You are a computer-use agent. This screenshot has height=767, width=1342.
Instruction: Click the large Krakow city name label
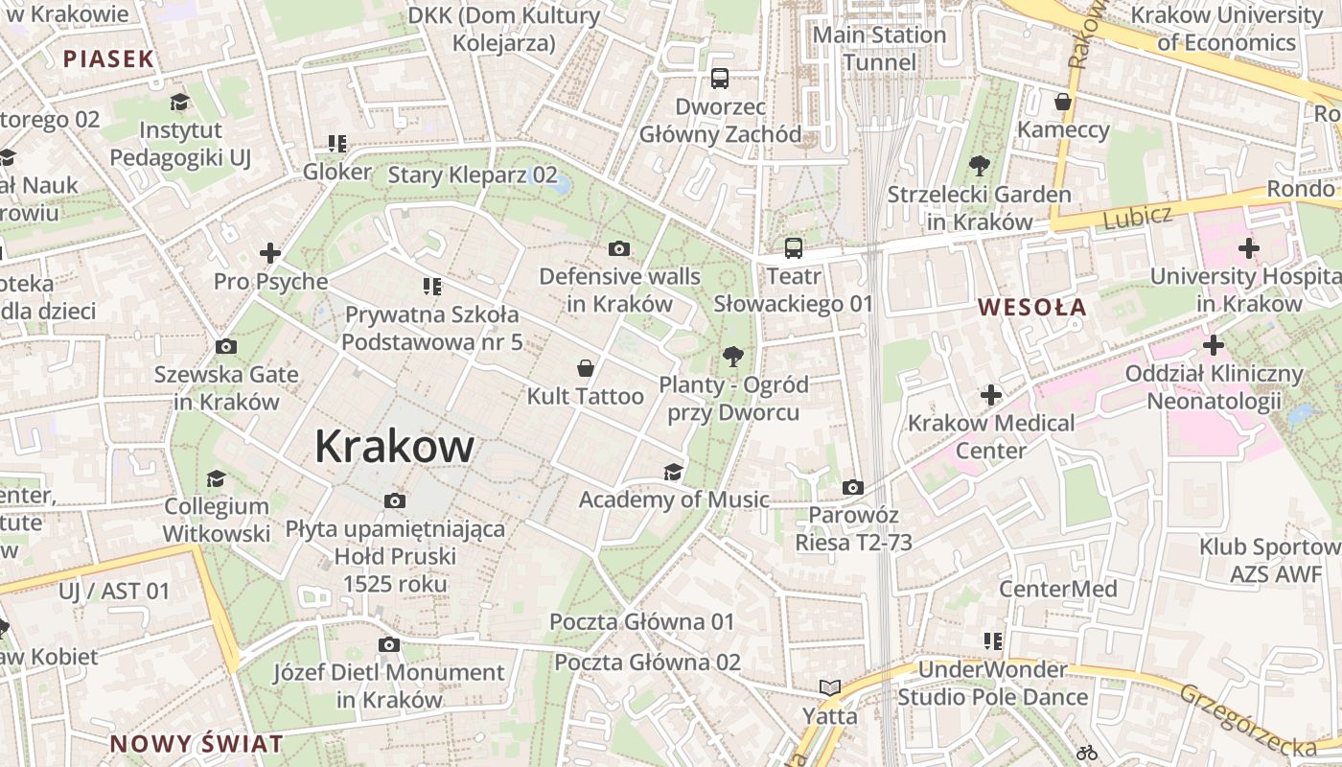pyautogui.click(x=394, y=447)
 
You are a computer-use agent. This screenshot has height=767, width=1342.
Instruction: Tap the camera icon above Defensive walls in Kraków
pyautogui.click(x=619, y=249)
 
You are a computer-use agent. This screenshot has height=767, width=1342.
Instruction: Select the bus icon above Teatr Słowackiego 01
pyautogui.click(x=793, y=248)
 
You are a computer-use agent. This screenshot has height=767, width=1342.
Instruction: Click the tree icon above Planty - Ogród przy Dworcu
pyautogui.click(x=733, y=357)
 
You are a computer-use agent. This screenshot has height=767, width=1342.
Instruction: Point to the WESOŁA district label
pyautogui.click(x=1032, y=308)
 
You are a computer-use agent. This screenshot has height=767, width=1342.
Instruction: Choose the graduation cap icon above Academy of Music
pyautogui.click(x=673, y=472)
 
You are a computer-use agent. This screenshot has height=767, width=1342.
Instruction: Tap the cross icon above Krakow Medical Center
pyautogui.click(x=991, y=394)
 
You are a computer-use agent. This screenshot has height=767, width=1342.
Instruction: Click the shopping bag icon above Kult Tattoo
pyautogui.click(x=585, y=368)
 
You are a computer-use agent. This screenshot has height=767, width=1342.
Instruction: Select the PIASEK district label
pyautogui.click(x=108, y=58)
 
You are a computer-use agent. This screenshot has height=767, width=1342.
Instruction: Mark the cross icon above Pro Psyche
pyautogui.click(x=270, y=254)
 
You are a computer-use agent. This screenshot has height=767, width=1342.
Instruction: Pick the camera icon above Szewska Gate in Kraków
pyautogui.click(x=226, y=347)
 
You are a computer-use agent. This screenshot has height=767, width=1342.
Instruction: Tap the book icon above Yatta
pyautogui.click(x=829, y=687)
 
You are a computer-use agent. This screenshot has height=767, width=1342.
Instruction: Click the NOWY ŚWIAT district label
pyautogui.click(x=197, y=743)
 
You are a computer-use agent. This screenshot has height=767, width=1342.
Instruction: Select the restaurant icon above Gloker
pyautogui.click(x=336, y=145)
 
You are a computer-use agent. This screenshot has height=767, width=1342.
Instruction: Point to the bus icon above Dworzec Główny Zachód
pyautogui.click(x=719, y=79)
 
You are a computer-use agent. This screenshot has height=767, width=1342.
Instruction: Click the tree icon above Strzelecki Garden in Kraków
pyautogui.click(x=979, y=166)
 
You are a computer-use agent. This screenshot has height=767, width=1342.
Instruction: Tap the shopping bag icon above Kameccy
pyautogui.click(x=1062, y=102)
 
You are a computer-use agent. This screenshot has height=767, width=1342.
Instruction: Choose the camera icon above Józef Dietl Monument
pyautogui.click(x=388, y=645)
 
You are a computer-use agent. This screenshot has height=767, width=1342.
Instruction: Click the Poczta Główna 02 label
pyautogui.click(x=647, y=662)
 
